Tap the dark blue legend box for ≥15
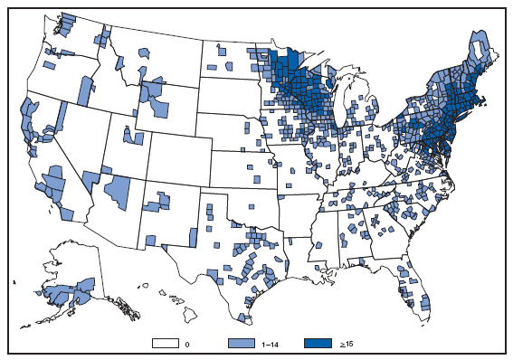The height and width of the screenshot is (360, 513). pyautogui.click(x=318, y=344)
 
